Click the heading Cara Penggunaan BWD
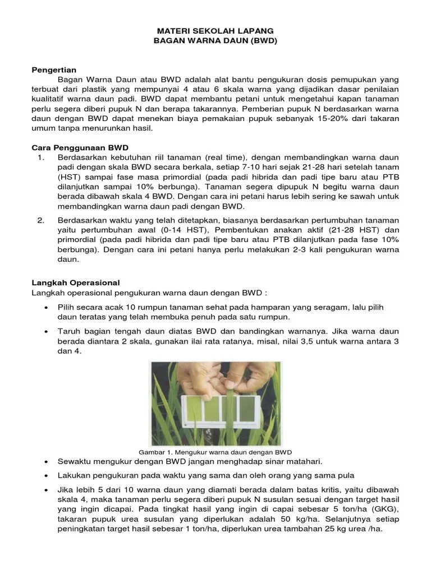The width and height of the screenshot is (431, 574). [x=80, y=147]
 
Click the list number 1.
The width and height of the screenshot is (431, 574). [x=40, y=158]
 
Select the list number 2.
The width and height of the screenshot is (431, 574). [x=40, y=220]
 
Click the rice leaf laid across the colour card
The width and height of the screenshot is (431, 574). [x=226, y=412]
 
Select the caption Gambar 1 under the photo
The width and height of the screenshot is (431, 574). [x=215, y=452]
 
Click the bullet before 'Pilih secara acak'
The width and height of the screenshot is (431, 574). [x=45, y=308]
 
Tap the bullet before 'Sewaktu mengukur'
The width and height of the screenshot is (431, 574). [x=45, y=462]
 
